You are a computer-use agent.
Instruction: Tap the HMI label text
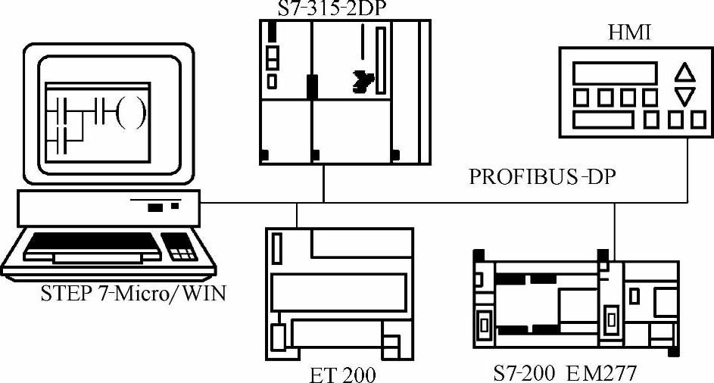[x=629, y=33]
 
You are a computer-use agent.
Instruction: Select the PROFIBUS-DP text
[x=542, y=179]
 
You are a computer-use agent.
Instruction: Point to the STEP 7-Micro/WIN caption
[x=133, y=293]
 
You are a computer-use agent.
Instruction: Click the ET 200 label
[x=343, y=374]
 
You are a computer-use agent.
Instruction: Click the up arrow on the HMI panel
[x=684, y=73]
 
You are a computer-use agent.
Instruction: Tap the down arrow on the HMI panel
[x=684, y=96]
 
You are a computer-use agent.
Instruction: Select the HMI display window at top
[x=614, y=73]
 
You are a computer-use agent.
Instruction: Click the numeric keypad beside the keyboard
[x=180, y=247]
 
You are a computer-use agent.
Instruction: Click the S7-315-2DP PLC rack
[x=344, y=91]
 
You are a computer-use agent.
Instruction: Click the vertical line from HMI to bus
[x=687, y=170]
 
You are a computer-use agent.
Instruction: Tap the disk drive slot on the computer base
[x=156, y=207]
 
